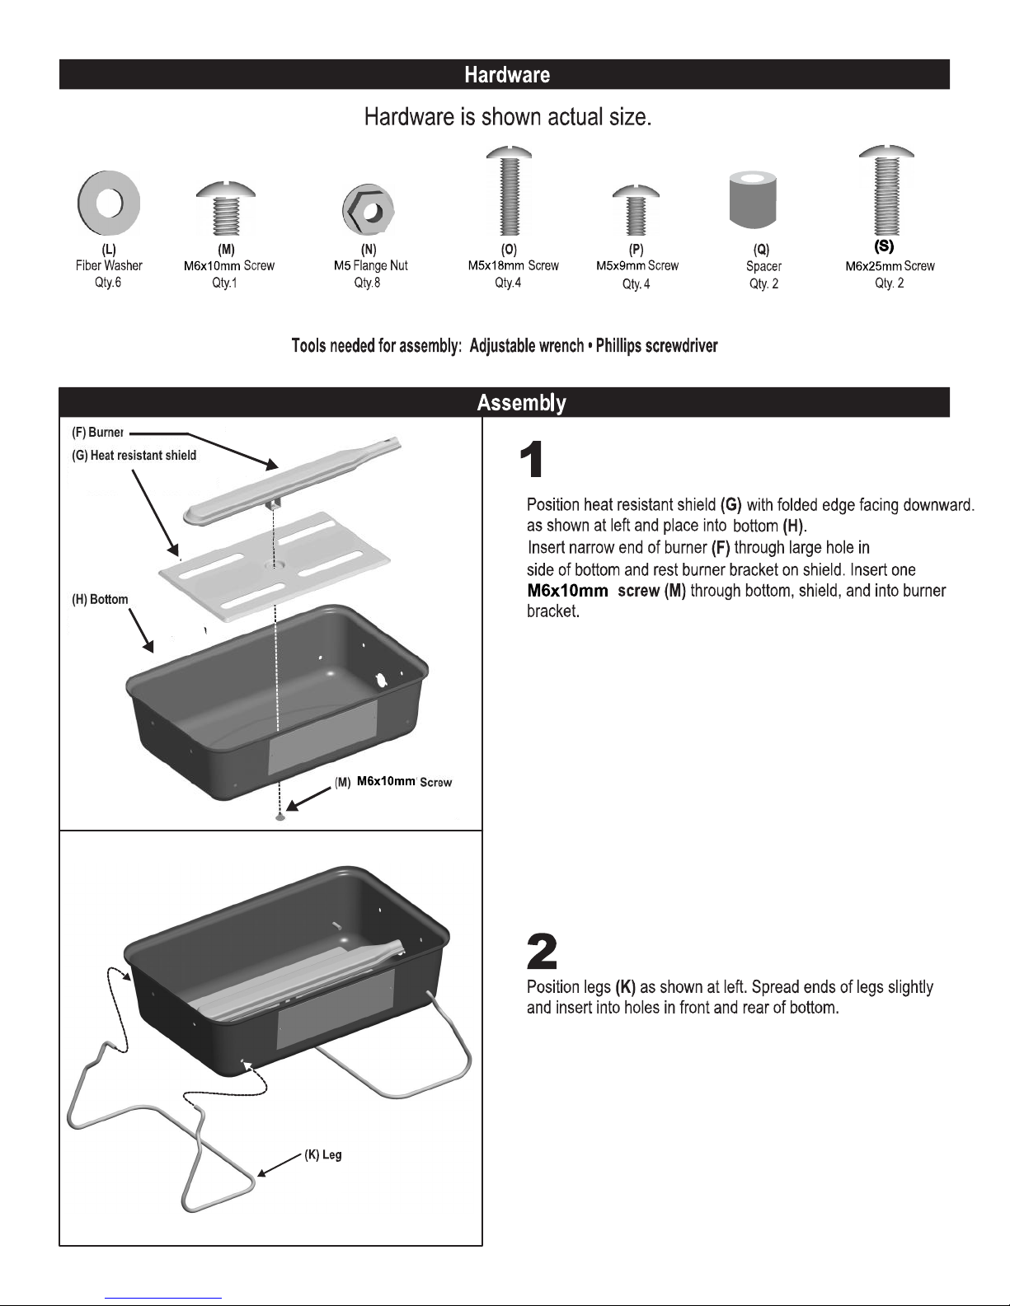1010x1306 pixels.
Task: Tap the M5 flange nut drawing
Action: (x=368, y=210)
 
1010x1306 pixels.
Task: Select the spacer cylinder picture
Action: (x=753, y=199)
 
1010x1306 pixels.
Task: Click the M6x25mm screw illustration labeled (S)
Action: (x=887, y=190)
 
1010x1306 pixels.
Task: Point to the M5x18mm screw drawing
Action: (x=510, y=190)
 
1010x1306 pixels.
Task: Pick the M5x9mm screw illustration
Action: (x=636, y=210)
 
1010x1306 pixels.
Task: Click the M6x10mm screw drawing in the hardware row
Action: (x=226, y=208)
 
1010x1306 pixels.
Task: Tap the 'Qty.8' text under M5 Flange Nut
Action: (x=367, y=283)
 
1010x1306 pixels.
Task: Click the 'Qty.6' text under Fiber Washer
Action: (x=108, y=282)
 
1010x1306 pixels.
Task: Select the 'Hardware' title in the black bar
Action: (x=507, y=74)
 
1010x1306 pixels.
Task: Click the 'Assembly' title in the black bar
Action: (x=521, y=403)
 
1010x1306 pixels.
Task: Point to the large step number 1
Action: (x=532, y=459)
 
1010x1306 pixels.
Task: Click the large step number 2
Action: (x=542, y=952)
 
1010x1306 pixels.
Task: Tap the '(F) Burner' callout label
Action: (x=97, y=432)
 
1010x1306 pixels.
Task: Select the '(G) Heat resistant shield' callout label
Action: (x=134, y=456)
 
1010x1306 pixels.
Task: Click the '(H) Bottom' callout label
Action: (x=100, y=599)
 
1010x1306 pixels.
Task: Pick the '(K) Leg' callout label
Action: (x=323, y=1154)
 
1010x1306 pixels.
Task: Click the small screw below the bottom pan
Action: (x=280, y=817)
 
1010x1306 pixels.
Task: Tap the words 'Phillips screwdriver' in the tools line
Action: (x=656, y=346)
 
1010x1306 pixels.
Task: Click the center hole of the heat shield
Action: (x=274, y=565)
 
